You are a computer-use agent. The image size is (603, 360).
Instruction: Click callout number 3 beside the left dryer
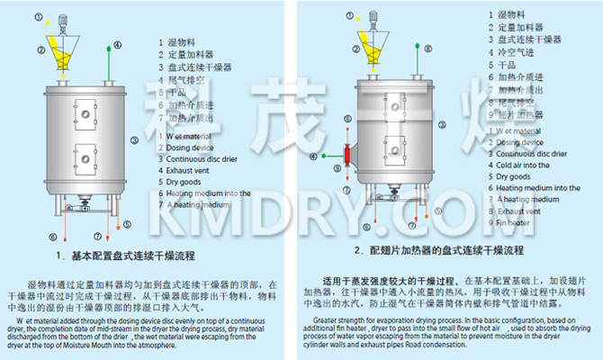[133, 139]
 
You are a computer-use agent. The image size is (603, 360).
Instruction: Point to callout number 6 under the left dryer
[53, 237]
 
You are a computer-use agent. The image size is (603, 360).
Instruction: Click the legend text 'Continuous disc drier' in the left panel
[198, 159]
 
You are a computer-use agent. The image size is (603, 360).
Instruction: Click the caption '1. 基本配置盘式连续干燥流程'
[134, 255]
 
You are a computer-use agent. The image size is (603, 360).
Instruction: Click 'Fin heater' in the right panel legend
[517, 222]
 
